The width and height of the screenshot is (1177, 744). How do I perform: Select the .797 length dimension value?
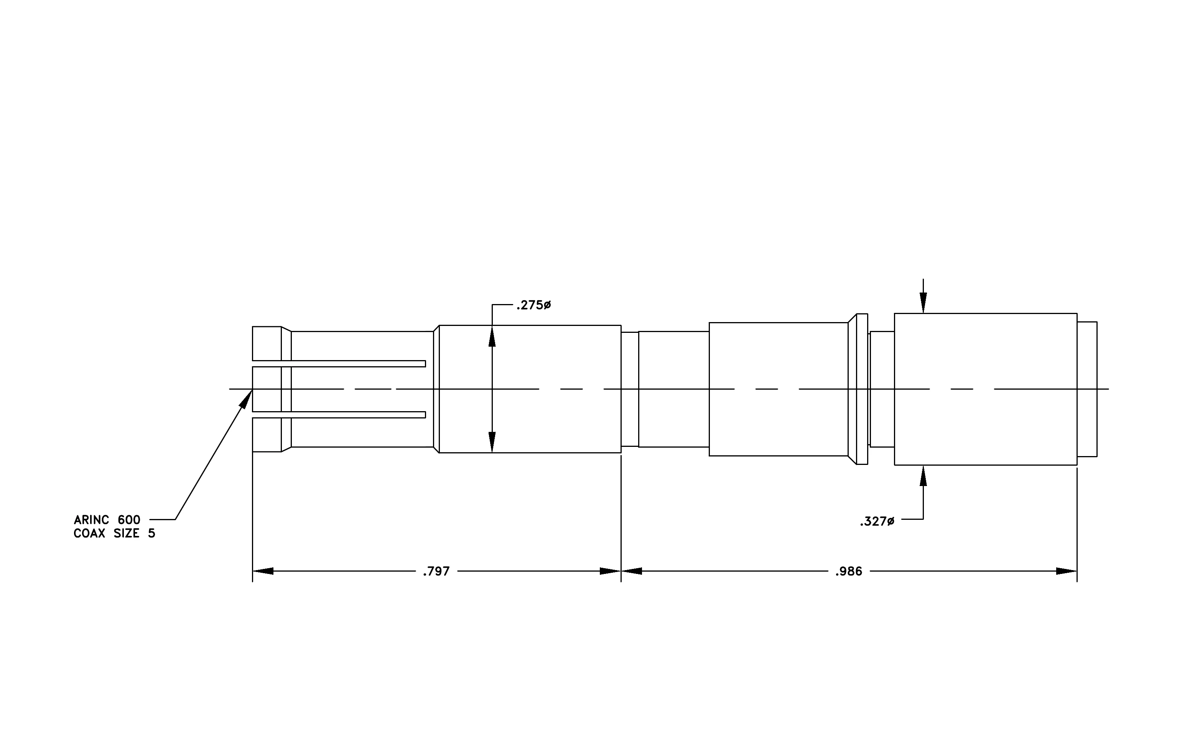(436, 571)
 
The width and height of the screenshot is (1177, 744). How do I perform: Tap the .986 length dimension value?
(849, 571)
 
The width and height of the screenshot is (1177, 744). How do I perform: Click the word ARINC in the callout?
(91, 519)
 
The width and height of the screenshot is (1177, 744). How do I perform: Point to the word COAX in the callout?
(89, 533)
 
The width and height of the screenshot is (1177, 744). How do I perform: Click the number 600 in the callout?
(129, 519)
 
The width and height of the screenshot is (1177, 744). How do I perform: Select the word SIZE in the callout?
(127, 533)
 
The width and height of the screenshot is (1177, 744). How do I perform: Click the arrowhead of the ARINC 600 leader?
(246, 398)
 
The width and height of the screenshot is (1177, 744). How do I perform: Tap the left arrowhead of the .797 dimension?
(262, 571)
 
